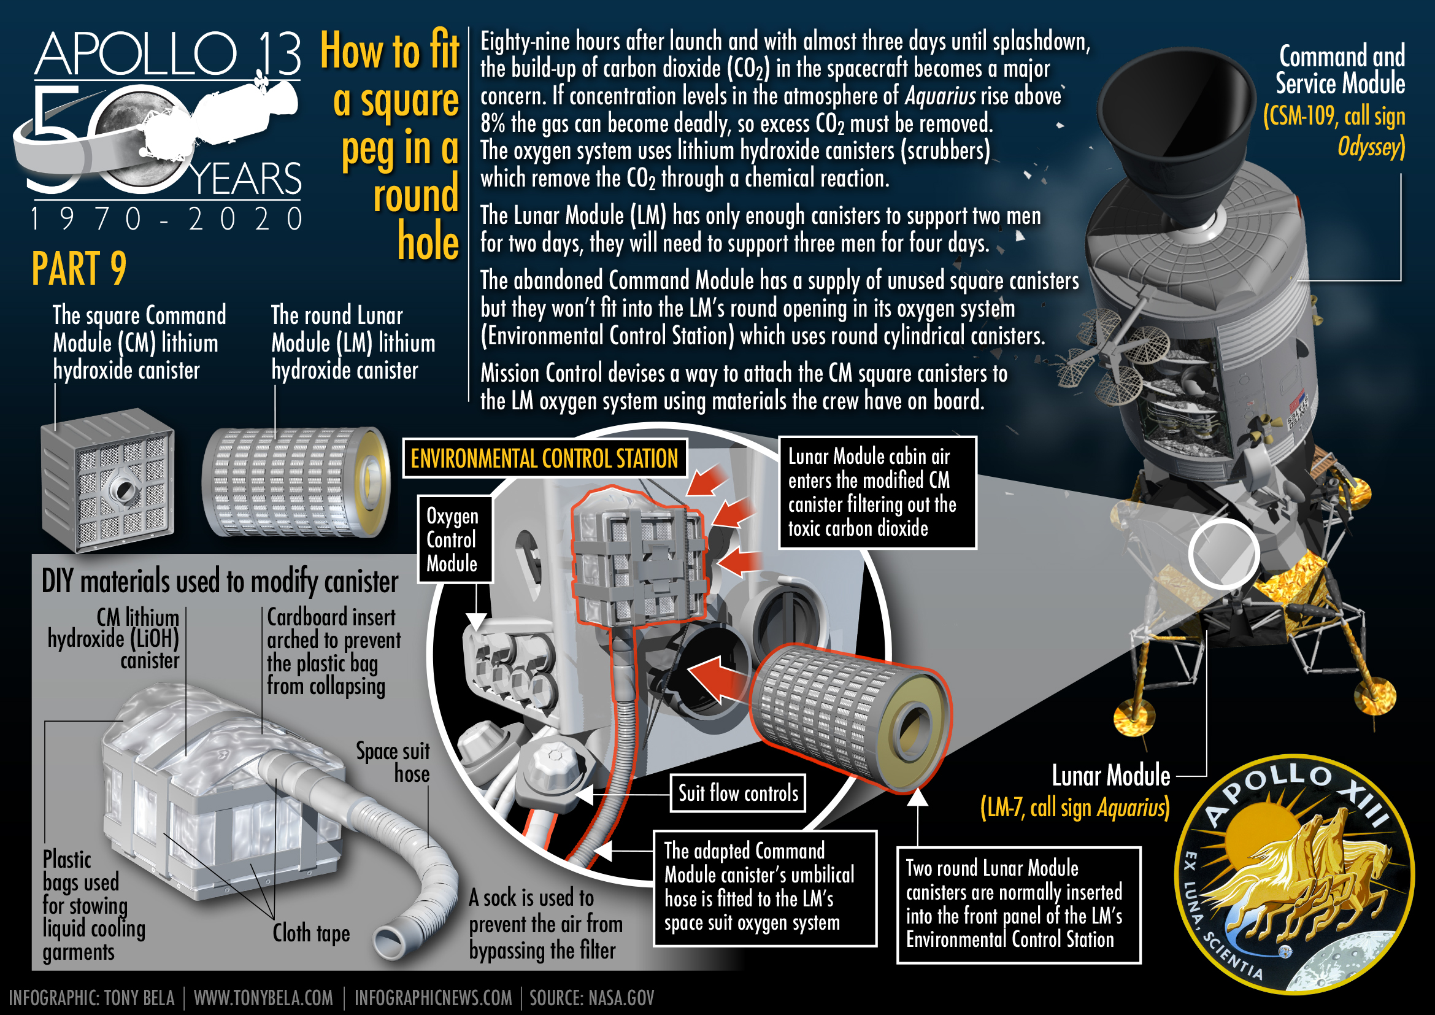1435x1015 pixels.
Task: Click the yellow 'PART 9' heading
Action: click(79, 268)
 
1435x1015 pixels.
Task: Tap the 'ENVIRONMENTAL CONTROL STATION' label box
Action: click(544, 458)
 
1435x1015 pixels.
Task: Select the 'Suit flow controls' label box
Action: click(738, 793)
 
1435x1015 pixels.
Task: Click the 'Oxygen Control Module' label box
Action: click(455, 539)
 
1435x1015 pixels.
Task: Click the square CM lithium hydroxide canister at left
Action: click(107, 480)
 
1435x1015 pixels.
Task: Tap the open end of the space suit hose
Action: click(389, 940)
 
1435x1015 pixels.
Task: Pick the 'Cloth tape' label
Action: click(310, 933)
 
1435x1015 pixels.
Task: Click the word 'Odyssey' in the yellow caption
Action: click(1368, 147)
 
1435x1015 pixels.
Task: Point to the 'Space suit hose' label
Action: click(393, 762)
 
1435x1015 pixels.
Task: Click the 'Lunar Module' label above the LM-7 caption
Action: click(1110, 776)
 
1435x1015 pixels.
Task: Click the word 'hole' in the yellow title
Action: click(428, 241)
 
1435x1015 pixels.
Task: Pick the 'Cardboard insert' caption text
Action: click(331, 617)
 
